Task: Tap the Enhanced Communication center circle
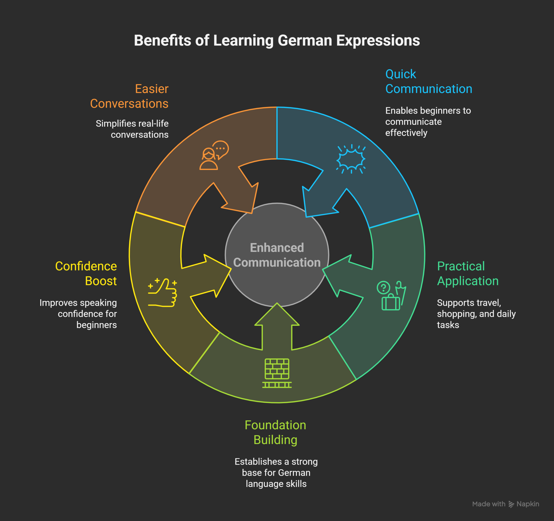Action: pyautogui.click(x=277, y=255)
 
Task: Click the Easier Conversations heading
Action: pyautogui.click(x=129, y=96)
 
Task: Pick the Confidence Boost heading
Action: pyautogui.click(x=86, y=273)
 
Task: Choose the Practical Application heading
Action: pyautogui.click(x=468, y=273)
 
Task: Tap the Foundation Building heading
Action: pyautogui.click(x=275, y=432)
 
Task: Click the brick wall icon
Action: pyautogui.click(x=277, y=373)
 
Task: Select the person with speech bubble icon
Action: pyautogui.click(x=214, y=155)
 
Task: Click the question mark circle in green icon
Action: pyautogui.click(x=383, y=287)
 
